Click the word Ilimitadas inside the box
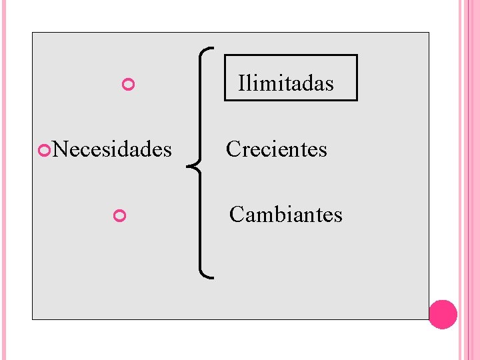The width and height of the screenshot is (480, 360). click(286, 84)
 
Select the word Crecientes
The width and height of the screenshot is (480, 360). click(277, 149)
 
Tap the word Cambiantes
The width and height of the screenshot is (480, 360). click(286, 215)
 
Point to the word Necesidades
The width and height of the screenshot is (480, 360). click(112, 149)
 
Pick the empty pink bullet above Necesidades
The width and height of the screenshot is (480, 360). click(129, 85)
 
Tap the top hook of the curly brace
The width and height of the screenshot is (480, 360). click(209, 49)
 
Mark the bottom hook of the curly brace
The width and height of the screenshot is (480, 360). click(209, 274)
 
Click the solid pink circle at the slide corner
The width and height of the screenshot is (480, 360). click(443, 314)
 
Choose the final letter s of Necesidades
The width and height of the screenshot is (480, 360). click(167, 151)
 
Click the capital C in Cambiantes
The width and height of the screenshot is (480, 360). click(236, 215)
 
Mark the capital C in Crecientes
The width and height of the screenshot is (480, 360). click(233, 149)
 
